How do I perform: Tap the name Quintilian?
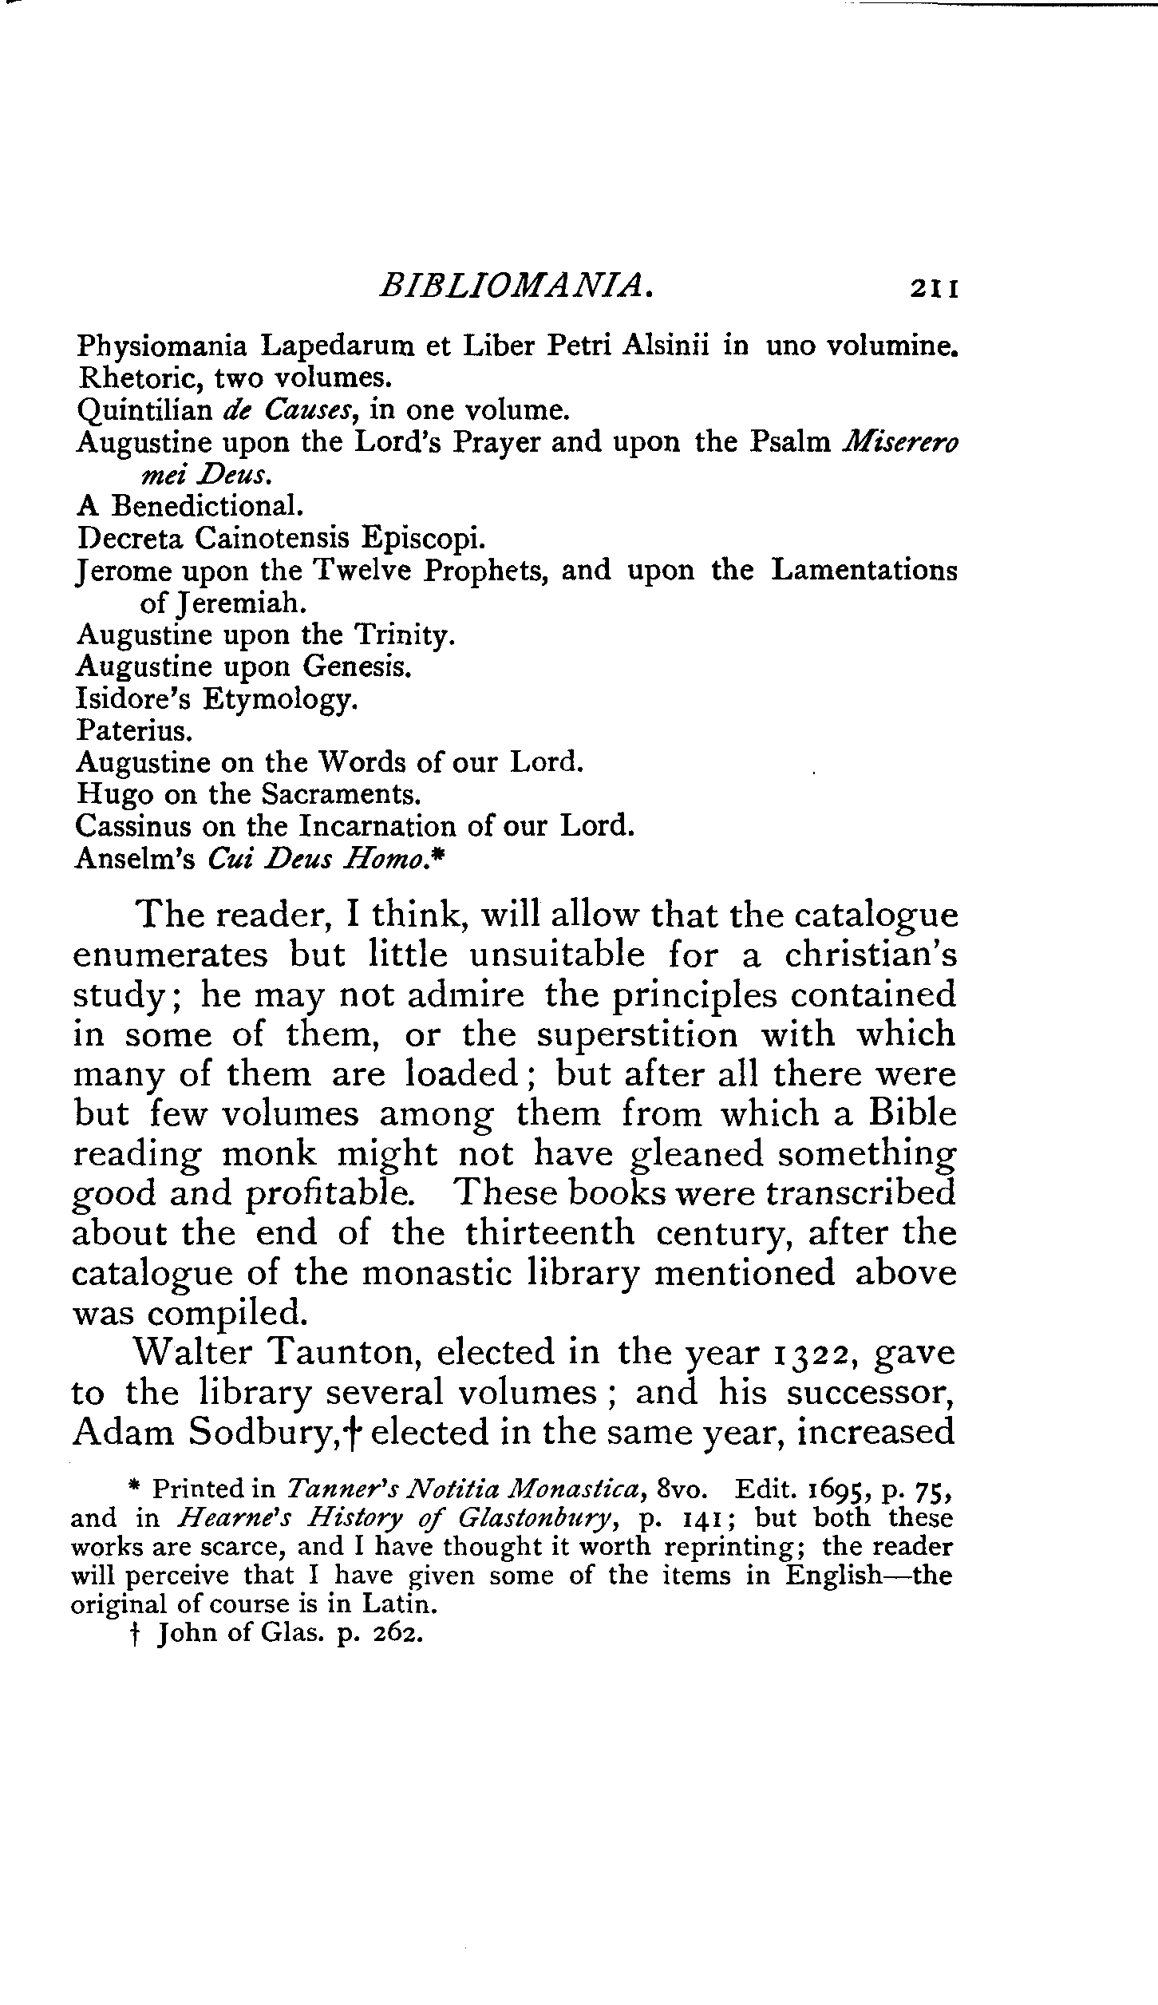click(144, 411)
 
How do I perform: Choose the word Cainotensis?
click(272, 538)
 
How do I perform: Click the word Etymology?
click(279, 699)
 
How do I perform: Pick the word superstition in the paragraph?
click(637, 1035)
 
